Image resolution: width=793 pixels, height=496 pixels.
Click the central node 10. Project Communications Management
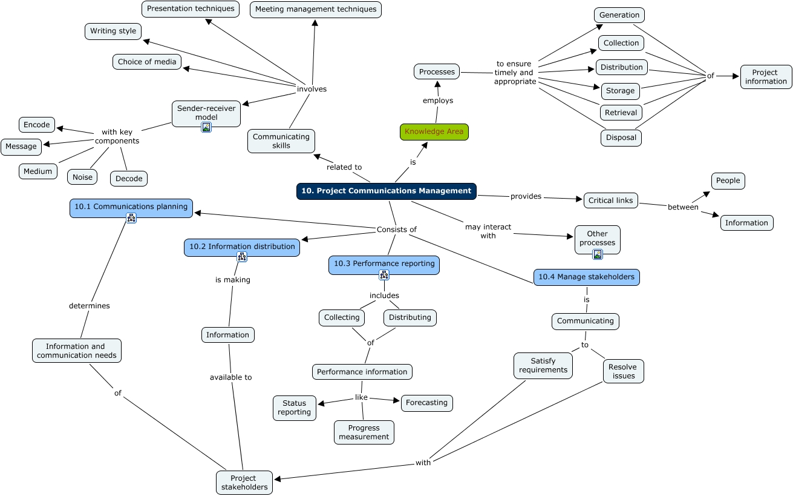[386, 191]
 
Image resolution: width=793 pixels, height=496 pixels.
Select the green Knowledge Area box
[434, 131]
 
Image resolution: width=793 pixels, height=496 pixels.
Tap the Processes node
[437, 71]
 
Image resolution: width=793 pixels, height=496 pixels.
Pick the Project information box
[766, 77]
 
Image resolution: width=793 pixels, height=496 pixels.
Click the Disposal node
[621, 137]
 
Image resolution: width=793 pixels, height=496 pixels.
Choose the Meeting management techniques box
[315, 9]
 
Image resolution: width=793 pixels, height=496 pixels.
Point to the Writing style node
[113, 31]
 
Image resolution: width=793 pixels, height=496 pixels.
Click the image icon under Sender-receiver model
[206, 127]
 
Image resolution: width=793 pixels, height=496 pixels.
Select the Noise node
[82, 177]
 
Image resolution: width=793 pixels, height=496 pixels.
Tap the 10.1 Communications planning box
[131, 207]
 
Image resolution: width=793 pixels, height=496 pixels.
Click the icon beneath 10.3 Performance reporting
[384, 275]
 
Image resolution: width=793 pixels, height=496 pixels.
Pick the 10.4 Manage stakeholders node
[586, 277]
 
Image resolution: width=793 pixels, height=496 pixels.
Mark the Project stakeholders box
[244, 482]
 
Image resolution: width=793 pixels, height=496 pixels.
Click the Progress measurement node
[364, 432]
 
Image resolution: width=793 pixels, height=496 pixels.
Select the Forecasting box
[426, 403]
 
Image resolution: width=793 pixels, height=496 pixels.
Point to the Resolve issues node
[623, 371]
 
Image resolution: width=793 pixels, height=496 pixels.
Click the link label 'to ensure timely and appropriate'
[514, 73]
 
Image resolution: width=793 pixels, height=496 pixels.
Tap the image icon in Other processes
[598, 254]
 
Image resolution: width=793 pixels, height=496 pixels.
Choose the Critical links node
[610, 200]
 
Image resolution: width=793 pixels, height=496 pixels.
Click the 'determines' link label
[90, 306]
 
